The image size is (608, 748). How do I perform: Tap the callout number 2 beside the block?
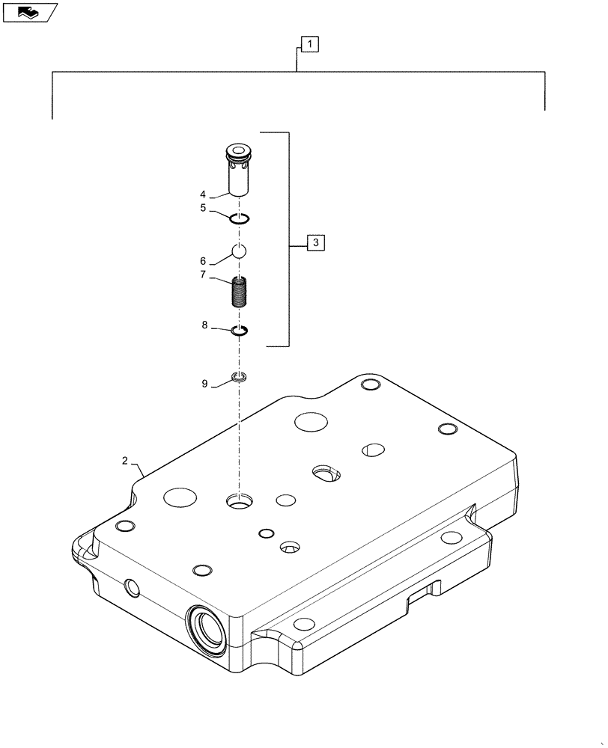pos(125,461)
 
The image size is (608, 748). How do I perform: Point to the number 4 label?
pos(203,194)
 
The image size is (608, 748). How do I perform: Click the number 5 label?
pos(203,209)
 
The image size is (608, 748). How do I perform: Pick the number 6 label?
pos(203,260)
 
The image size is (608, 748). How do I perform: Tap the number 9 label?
pos(204,384)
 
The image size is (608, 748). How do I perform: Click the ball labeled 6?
pos(238,252)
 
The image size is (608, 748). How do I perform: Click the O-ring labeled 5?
pos(239,218)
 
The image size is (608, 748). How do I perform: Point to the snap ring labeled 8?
pos(239,331)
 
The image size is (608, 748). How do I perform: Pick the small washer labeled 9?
pos(239,376)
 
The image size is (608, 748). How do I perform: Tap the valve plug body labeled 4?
pos(239,170)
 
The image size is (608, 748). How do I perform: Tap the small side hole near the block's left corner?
pos(132,588)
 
